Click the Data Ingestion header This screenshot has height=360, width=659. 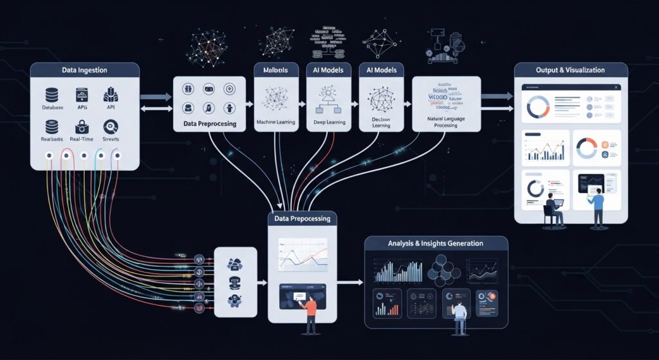84,70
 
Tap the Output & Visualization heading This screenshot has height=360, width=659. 571,70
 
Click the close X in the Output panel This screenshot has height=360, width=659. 617,87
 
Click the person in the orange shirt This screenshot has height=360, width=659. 311,310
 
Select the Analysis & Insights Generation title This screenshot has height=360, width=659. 436,243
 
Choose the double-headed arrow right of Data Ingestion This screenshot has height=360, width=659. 155,110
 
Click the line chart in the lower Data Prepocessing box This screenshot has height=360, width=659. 302,254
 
